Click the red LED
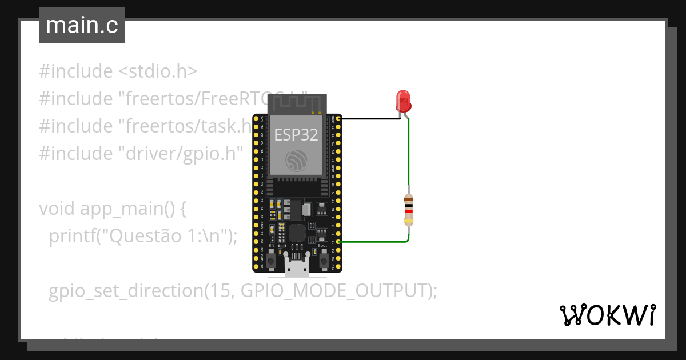point(404,101)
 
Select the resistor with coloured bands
point(408,209)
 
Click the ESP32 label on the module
point(296,134)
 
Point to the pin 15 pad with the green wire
point(339,242)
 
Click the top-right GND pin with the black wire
point(339,119)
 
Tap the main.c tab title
point(82,26)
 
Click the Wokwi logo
point(607,315)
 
